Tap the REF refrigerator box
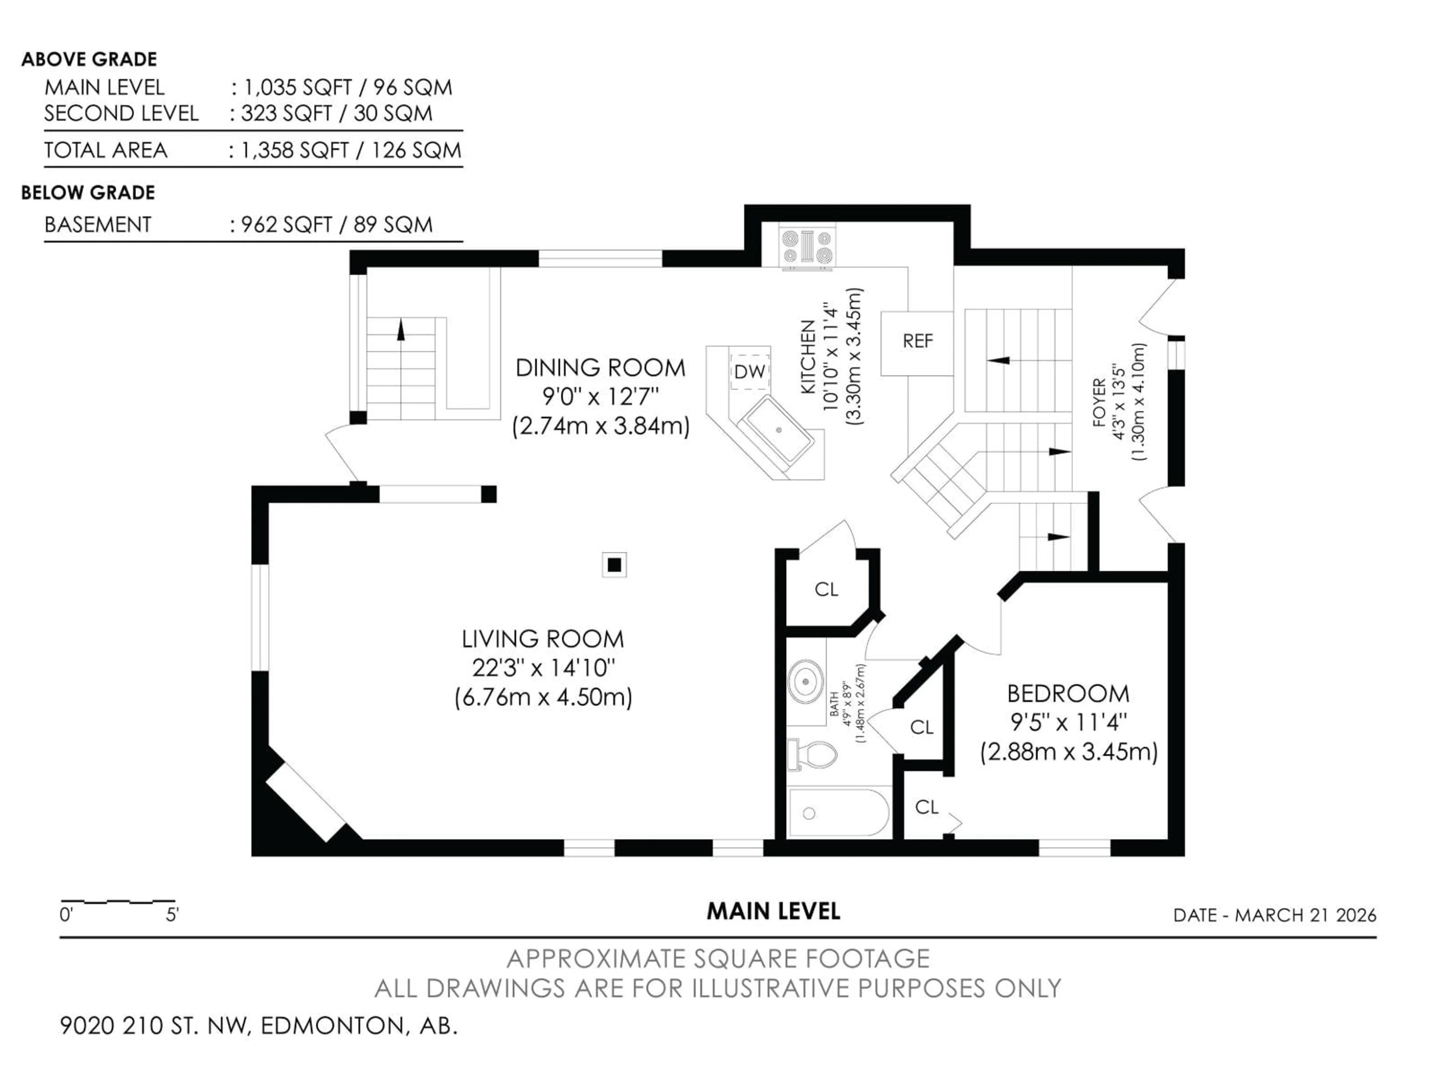point(917,342)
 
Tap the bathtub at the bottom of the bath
point(837,813)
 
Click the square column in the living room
point(614,565)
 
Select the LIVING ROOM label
point(543,639)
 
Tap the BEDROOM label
point(1068,694)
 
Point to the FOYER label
point(1098,402)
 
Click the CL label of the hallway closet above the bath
point(826,589)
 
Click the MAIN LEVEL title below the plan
point(773,911)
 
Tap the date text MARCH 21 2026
point(1305,915)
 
